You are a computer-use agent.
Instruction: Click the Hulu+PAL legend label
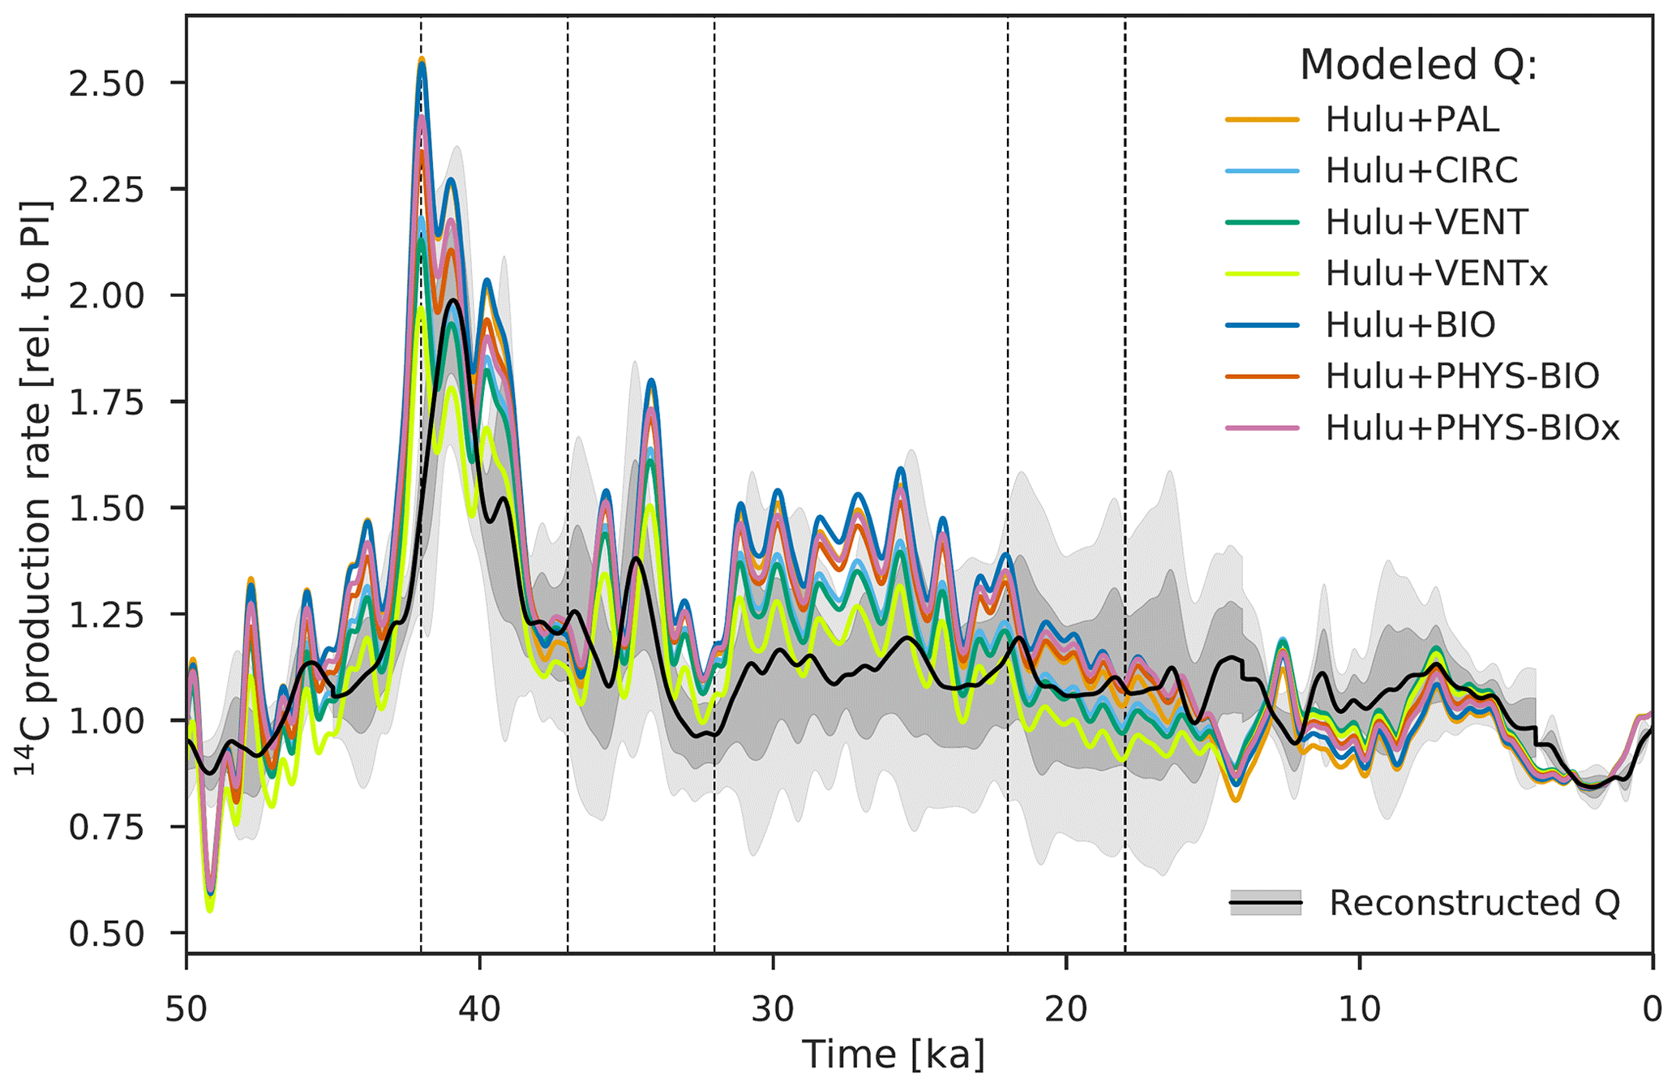pos(1412,120)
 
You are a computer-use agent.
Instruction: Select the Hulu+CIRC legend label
pos(1421,171)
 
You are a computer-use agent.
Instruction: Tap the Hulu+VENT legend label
pos(1426,222)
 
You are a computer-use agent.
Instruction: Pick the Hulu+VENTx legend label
pos(1436,273)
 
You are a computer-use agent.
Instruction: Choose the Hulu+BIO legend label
pos(1410,324)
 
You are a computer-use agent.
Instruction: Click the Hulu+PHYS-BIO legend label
pos(1462,376)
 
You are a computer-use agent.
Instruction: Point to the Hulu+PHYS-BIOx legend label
pos(1472,427)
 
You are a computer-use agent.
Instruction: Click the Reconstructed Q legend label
pos(1473,903)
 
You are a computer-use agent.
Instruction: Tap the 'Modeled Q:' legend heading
pos(1418,65)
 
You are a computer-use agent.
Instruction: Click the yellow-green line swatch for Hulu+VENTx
pos(1262,273)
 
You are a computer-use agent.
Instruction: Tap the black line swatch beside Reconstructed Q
pos(1265,903)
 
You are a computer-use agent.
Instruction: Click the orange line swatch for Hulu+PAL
pos(1262,120)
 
